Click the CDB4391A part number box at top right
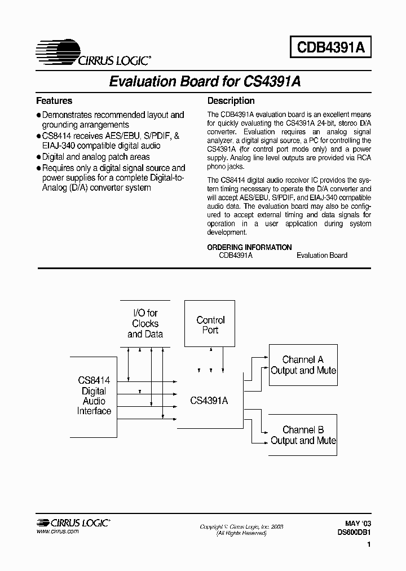point(331,48)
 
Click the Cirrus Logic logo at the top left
point(93,54)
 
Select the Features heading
point(54,101)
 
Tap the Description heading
point(231,101)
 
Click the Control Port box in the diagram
point(210,324)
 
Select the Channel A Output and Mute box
point(303,365)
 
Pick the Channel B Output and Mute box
point(303,435)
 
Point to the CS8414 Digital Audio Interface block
point(94,396)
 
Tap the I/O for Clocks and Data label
point(145,323)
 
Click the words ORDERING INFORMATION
point(250,247)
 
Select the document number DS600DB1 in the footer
point(354,532)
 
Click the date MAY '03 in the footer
point(358,524)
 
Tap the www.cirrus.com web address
point(58,532)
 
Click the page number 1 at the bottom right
point(368,546)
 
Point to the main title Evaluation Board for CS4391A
point(204,81)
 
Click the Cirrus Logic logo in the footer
point(73,522)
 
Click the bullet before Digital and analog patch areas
point(38,157)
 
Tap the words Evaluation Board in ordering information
point(322,255)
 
